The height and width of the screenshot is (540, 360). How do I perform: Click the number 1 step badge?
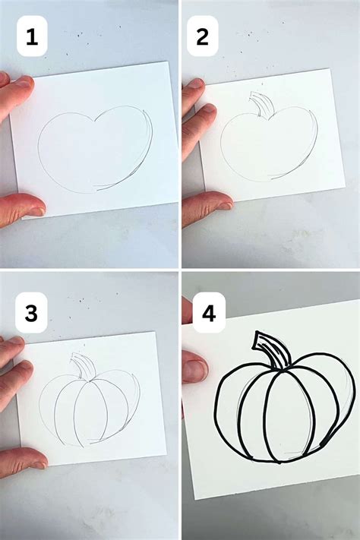pyautogui.click(x=31, y=38)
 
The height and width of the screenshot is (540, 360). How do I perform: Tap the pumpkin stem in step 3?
pyautogui.click(x=79, y=365)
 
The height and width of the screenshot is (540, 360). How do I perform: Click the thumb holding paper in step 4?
pyautogui.click(x=194, y=371)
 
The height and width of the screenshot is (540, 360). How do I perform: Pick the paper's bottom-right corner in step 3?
pyautogui.click(x=166, y=455)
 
